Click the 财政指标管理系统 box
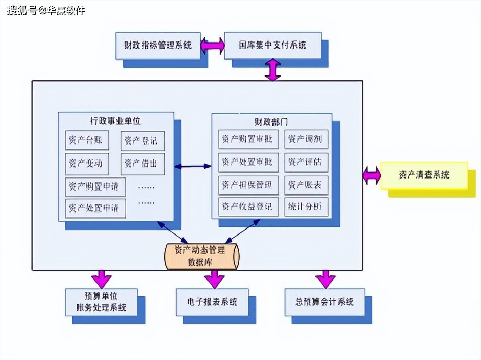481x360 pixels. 158,45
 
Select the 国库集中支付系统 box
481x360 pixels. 273,45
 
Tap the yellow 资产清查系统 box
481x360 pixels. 424,175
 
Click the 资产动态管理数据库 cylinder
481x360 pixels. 201,256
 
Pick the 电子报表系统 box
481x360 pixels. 212,301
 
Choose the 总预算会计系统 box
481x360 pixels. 325,301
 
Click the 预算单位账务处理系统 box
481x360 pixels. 101,301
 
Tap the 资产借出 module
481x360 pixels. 143,163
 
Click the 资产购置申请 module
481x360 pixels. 95,186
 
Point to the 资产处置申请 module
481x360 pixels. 95,208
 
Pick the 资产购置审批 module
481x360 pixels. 249,140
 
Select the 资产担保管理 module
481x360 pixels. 249,185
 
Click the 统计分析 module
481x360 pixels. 306,207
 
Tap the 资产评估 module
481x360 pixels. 306,162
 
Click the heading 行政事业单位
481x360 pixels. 115,120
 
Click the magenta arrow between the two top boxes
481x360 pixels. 212,46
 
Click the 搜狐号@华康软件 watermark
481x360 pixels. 46,10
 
